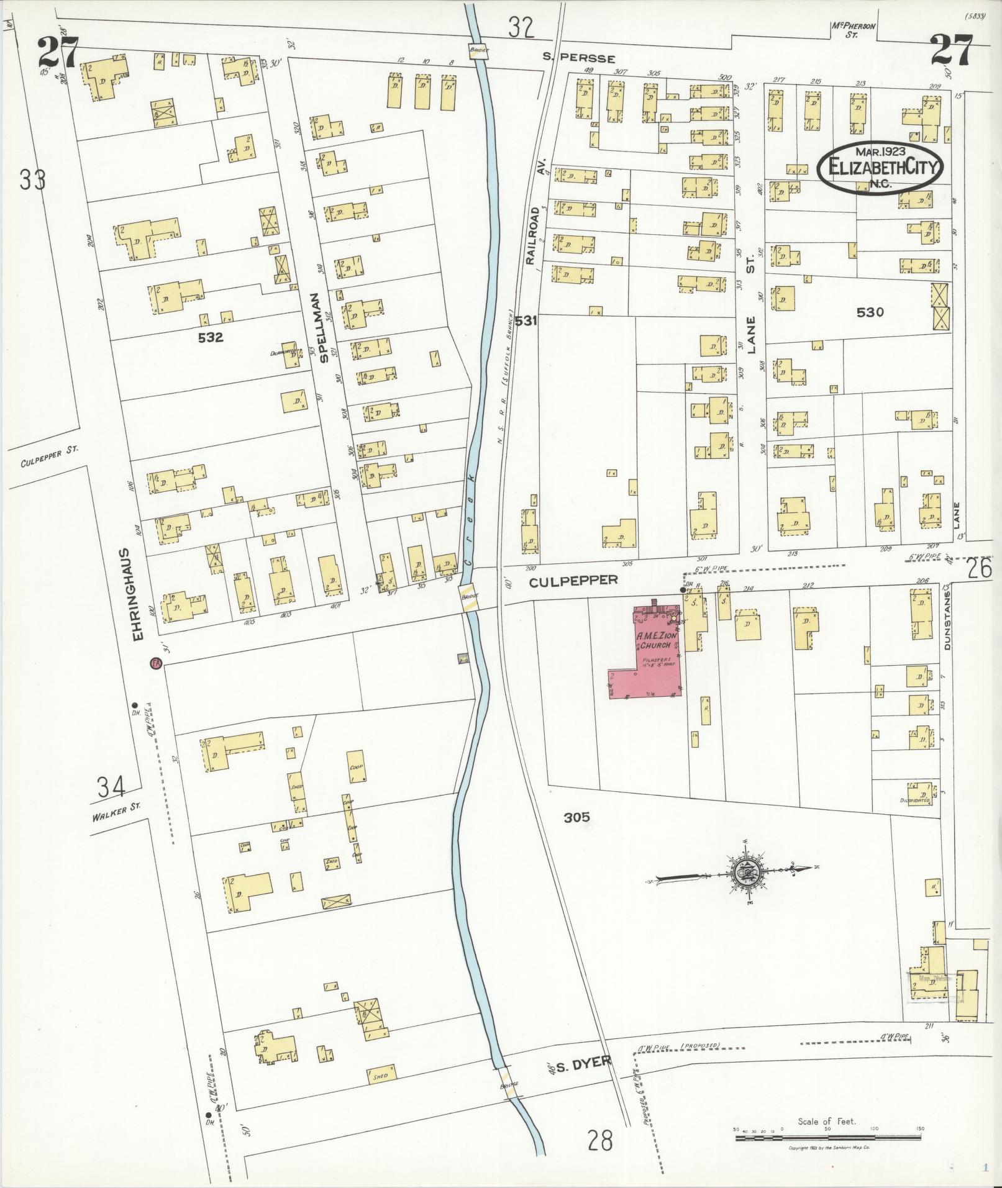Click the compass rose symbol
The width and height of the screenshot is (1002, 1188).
click(x=746, y=873)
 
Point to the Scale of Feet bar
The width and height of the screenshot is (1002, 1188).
click(x=829, y=1138)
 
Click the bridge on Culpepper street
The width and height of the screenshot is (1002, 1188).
click(x=471, y=597)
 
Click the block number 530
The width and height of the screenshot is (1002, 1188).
click(x=870, y=312)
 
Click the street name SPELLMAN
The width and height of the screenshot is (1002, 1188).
click(x=322, y=327)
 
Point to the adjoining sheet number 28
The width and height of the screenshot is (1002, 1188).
click(x=599, y=1140)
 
